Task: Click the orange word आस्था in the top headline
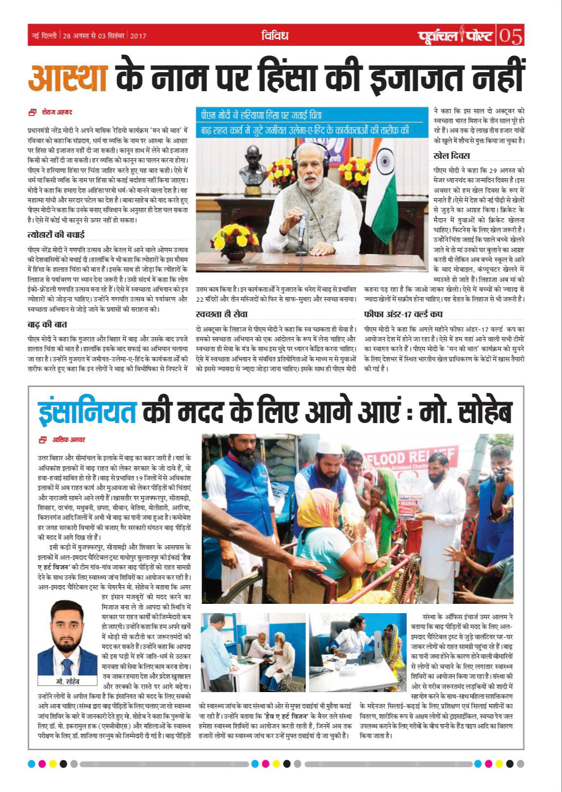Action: click(x=68, y=77)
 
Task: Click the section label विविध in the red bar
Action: click(x=275, y=36)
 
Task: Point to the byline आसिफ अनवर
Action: click(x=69, y=440)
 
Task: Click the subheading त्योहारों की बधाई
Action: click(x=56, y=234)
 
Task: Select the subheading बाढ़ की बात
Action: click(x=47, y=324)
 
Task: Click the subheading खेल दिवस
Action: click(x=451, y=156)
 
